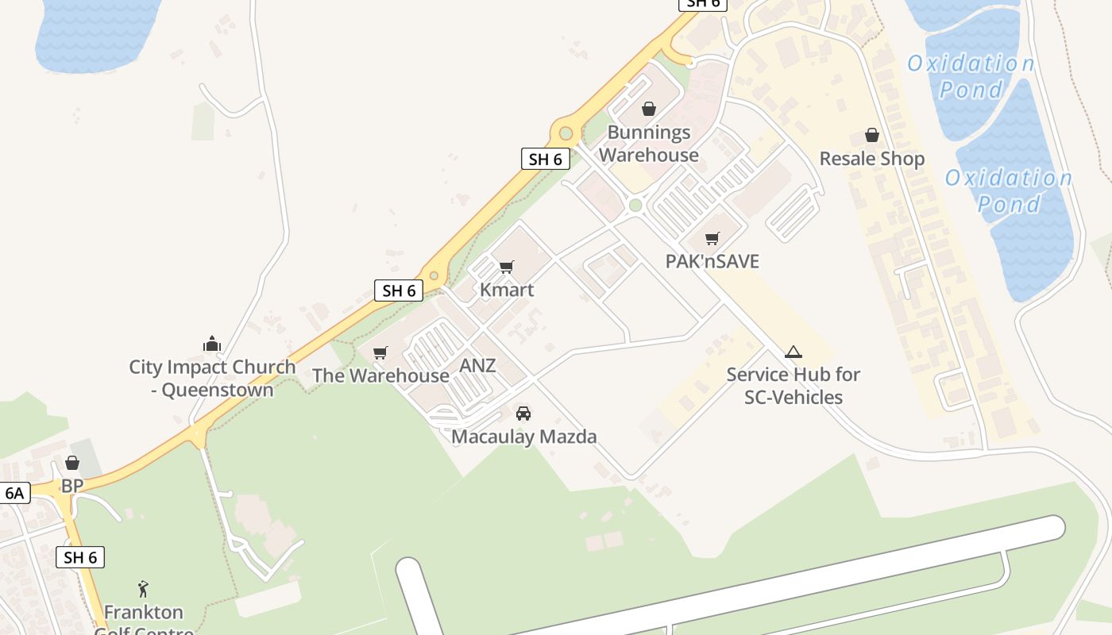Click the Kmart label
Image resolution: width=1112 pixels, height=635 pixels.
[x=507, y=290]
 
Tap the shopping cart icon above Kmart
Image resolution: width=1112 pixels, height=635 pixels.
[x=506, y=267]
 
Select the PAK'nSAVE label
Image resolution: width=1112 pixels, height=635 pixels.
[x=712, y=261]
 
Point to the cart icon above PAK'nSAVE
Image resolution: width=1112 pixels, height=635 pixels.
[x=712, y=238]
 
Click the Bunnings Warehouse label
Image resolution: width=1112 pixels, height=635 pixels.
[x=649, y=144]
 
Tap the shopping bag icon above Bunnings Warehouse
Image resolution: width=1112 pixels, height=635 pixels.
[x=649, y=109]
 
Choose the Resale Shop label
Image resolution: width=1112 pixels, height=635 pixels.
[x=871, y=159]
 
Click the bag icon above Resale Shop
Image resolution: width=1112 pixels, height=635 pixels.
[x=872, y=135]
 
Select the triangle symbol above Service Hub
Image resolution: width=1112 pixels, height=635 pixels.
[x=793, y=352]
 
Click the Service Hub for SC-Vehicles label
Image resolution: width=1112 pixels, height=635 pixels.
[x=793, y=386]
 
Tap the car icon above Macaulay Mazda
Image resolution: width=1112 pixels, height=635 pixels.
[x=523, y=414]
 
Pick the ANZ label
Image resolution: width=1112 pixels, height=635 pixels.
[x=477, y=366]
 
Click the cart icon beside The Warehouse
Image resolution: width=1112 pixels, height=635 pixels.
[x=380, y=352]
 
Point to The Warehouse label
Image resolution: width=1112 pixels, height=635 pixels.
[x=380, y=375]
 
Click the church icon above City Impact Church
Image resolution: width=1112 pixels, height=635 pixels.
[x=212, y=344]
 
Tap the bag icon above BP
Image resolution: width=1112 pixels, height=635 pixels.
[x=72, y=463]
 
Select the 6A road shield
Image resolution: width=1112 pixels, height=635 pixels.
[x=15, y=493]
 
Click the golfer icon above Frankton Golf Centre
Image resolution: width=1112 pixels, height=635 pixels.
[x=143, y=589]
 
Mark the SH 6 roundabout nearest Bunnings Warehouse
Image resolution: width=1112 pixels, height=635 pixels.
[x=566, y=133]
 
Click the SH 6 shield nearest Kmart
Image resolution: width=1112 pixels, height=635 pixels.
[x=399, y=291]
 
